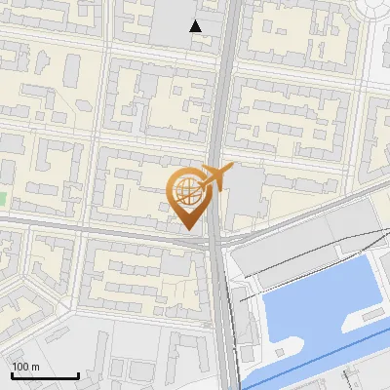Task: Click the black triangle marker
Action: (196, 26)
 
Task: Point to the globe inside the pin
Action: (185, 189)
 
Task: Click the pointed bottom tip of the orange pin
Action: (186, 228)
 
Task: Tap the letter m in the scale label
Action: (34, 367)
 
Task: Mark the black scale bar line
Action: (45, 375)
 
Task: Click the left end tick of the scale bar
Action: (12, 373)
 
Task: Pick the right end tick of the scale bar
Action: (78, 373)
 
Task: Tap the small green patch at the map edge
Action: (2, 199)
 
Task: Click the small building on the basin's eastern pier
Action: (370, 315)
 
